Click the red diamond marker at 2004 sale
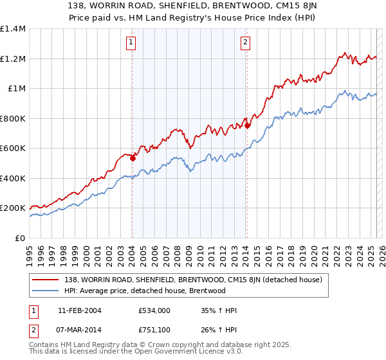[133, 157]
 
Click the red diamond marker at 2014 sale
[247, 125]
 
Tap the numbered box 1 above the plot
[131, 43]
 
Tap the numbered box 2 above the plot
[245, 43]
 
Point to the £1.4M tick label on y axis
[13, 29]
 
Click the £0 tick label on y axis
[20, 238]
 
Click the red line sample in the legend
[46, 279]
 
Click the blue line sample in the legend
[46, 291]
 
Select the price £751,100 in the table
[154, 330]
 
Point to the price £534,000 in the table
[154, 310]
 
